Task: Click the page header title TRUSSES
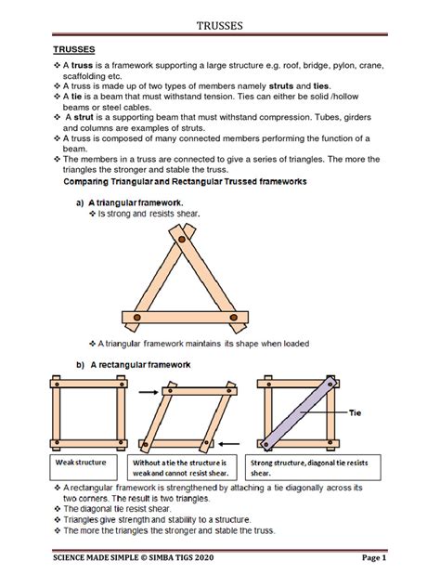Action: pyautogui.click(x=219, y=26)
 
